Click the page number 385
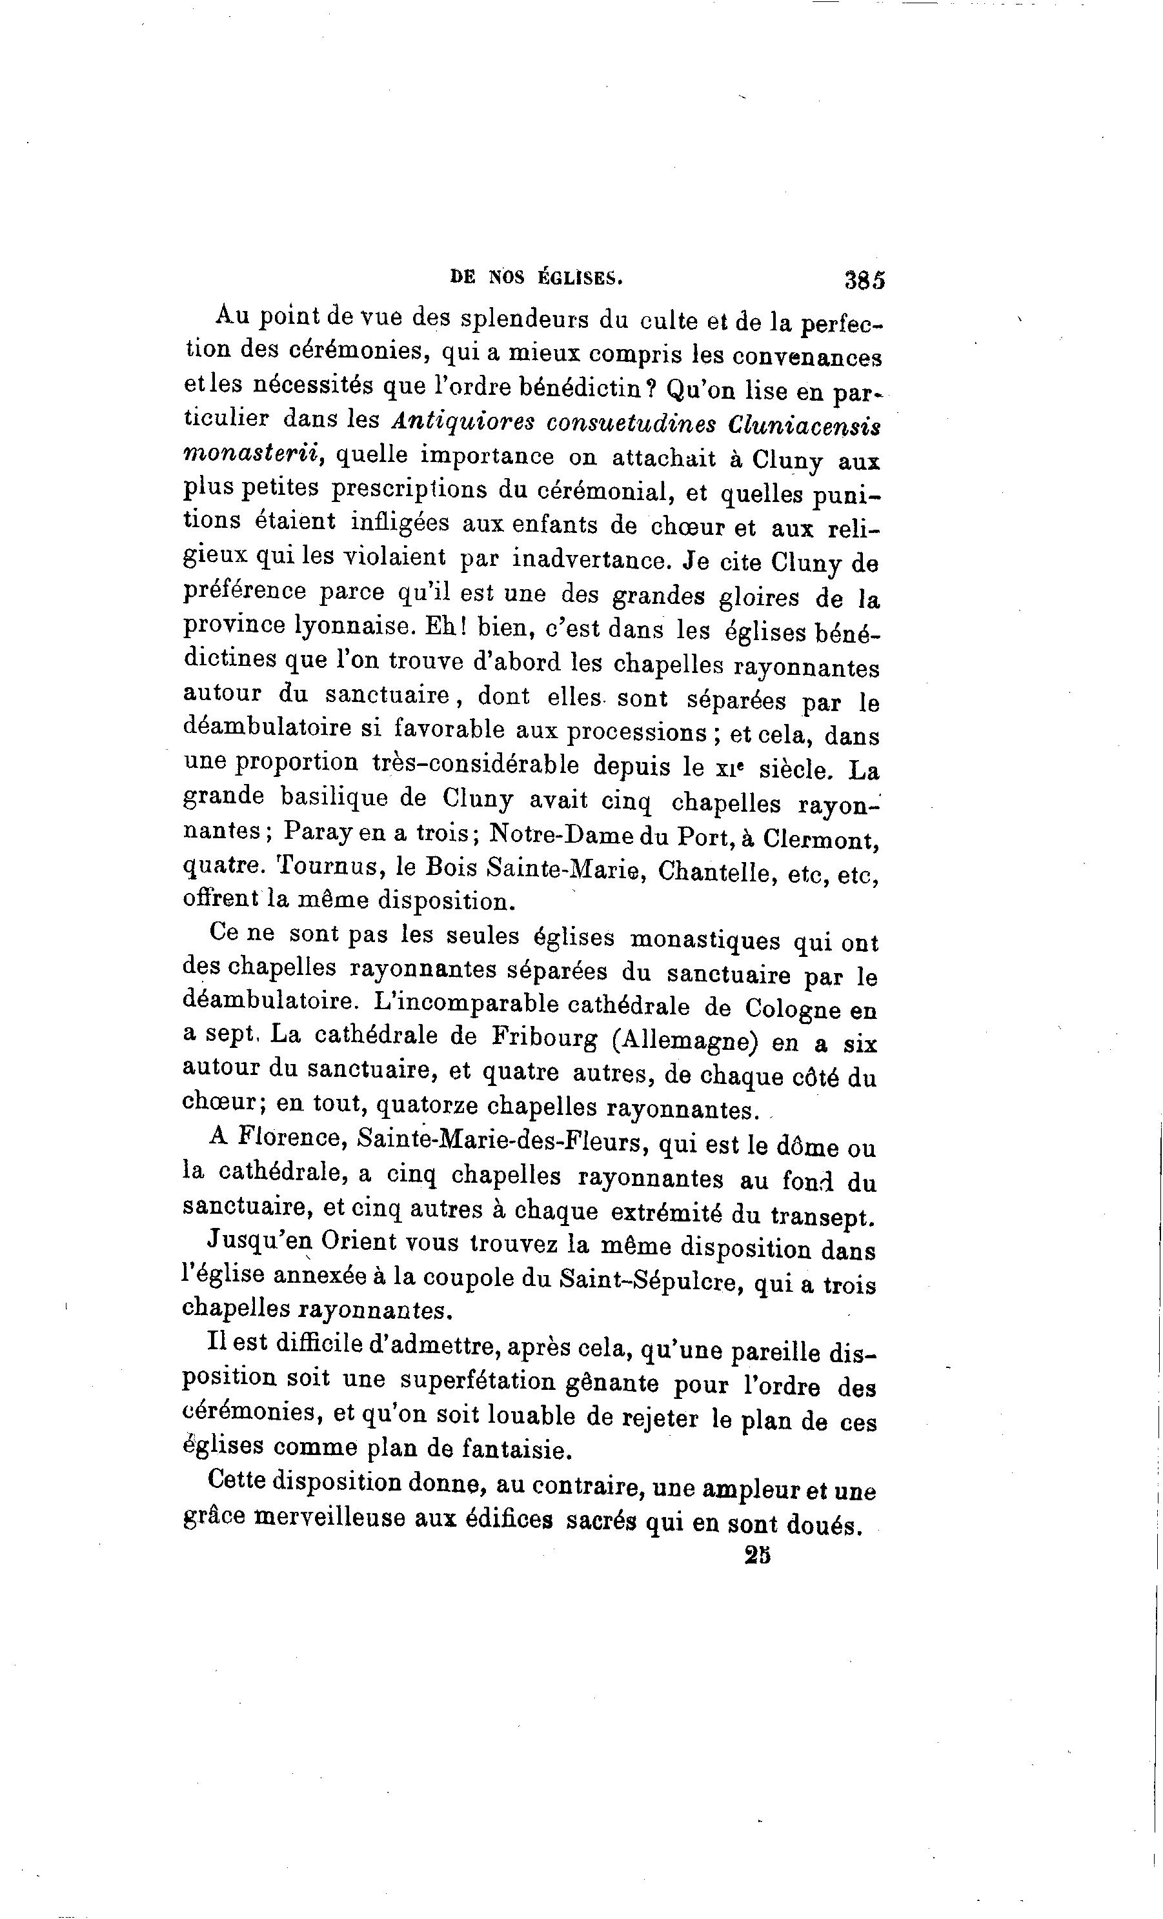865,279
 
